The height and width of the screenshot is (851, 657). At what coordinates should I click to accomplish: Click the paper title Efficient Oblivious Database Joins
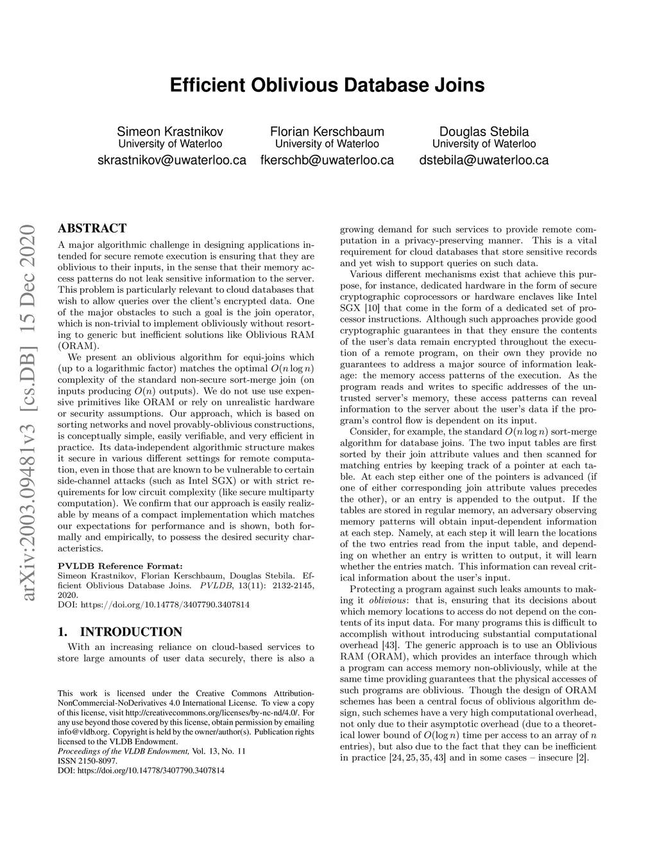click(x=327, y=85)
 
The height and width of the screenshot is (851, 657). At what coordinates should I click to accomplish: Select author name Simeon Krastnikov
click(x=171, y=132)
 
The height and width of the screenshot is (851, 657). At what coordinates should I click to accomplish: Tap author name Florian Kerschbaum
click(x=327, y=132)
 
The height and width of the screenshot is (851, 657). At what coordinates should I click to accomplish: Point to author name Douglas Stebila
click(x=484, y=132)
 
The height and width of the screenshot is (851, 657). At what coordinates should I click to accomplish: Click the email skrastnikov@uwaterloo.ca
click(x=171, y=160)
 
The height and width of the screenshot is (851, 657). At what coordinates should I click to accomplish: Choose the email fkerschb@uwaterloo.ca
click(x=327, y=160)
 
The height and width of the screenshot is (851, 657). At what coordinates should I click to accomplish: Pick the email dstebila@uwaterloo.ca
click(x=484, y=160)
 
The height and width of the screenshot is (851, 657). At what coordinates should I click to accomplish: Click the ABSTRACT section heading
click(x=92, y=228)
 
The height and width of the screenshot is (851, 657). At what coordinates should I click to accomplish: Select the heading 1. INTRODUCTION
click(x=120, y=631)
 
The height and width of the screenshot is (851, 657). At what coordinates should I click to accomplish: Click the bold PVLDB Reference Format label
click(x=120, y=566)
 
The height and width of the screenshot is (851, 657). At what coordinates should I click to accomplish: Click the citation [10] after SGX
click(x=371, y=308)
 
